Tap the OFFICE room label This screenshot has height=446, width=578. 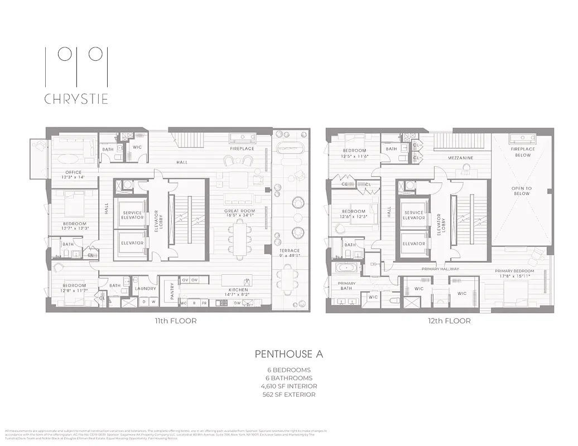pos(73,172)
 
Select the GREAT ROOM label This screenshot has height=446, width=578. pos(240,211)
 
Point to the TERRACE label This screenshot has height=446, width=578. pos(290,251)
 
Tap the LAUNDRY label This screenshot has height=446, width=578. pos(145,288)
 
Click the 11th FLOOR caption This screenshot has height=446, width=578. pos(176,321)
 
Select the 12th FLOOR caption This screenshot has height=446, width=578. pos(450,321)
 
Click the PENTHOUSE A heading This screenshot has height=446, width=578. pos(288,354)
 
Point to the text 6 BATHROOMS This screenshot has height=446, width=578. pos(288,378)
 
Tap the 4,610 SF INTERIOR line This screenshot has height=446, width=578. pos(288,386)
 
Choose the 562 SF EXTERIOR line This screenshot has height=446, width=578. pos(288,395)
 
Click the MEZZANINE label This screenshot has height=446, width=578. pos(460,158)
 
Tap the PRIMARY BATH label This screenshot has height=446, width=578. pos(347,286)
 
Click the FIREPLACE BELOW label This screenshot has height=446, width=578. pos(523,152)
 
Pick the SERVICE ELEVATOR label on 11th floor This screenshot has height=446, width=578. pos(133,215)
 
